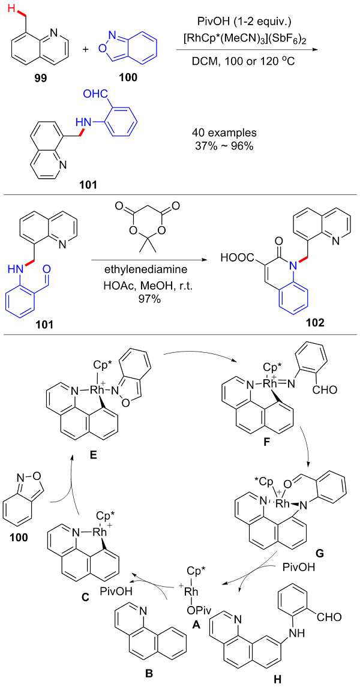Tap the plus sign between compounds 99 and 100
(85, 47)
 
